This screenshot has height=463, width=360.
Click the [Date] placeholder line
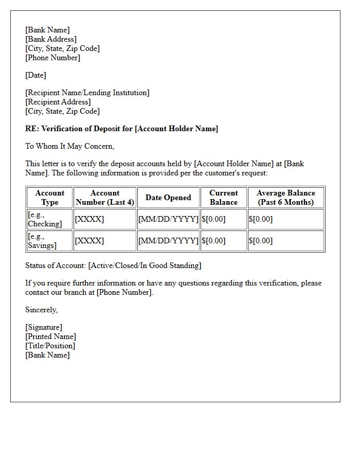pos(35,75)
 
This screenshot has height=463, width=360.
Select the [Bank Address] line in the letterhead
pos(50,39)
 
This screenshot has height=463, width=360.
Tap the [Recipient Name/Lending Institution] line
pos(87,93)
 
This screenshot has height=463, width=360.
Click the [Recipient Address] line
pos(58,102)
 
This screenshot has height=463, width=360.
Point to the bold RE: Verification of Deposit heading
pos(121,129)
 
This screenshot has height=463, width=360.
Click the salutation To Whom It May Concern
pos(69,146)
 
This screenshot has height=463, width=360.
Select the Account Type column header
pos(50,198)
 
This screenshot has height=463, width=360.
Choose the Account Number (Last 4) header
pos(105,198)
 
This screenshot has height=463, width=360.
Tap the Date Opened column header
pos(168,198)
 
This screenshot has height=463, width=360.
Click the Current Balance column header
pos(224,198)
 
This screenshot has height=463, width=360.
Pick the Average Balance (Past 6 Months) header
pos(286,198)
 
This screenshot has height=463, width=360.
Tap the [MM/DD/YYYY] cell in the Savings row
pos(168,241)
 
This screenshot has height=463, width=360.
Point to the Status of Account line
pos(113,265)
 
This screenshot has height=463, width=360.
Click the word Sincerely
pos(42,310)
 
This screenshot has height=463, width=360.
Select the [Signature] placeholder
pos(44,327)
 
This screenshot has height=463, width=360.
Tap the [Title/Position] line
pos(50,346)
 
